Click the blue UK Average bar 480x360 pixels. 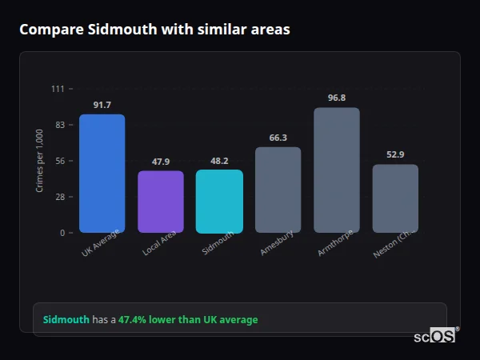(x=102, y=174)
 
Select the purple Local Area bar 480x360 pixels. (x=161, y=202)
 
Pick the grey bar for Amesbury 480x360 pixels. (x=278, y=190)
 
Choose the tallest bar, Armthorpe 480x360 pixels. (x=337, y=170)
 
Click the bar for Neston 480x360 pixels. (x=395, y=198)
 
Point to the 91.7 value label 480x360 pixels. (x=102, y=105)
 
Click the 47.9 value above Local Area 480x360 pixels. (x=161, y=162)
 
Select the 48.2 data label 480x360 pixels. (x=219, y=161)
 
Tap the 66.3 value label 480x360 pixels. (x=278, y=138)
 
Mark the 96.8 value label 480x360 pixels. (x=337, y=98)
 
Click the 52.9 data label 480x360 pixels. (x=395, y=155)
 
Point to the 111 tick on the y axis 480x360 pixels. (x=58, y=89)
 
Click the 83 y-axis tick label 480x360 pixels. (x=60, y=125)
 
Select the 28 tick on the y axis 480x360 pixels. (x=60, y=197)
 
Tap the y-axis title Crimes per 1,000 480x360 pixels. (x=40, y=161)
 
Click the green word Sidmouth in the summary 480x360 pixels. (x=66, y=320)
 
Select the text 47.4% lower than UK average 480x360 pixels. (x=188, y=320)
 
